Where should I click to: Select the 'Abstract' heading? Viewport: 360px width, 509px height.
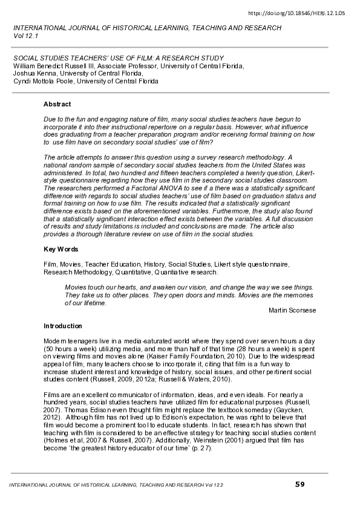(57, 105)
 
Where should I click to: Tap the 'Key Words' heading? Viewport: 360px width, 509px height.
(60, 250)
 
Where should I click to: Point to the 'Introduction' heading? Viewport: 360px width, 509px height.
(62, 326)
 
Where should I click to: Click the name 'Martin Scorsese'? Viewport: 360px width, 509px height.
(292, 310)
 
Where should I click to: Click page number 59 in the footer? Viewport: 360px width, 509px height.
(299, 484)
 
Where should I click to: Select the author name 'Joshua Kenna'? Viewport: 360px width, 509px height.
(33, 73)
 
